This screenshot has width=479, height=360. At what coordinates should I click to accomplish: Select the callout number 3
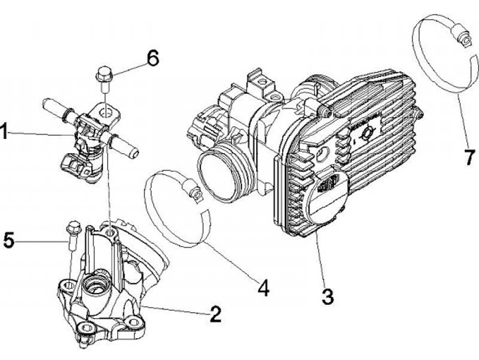[327, 295]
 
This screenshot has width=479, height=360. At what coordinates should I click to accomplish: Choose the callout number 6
[152, 59]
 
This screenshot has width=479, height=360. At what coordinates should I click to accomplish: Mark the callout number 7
[470, 158]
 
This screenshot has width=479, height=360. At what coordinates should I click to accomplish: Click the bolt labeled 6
[103, 76]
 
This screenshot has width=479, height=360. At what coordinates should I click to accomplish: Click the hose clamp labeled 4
[176, 208]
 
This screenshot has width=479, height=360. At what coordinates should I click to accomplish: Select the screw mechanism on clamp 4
[194, 194]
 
